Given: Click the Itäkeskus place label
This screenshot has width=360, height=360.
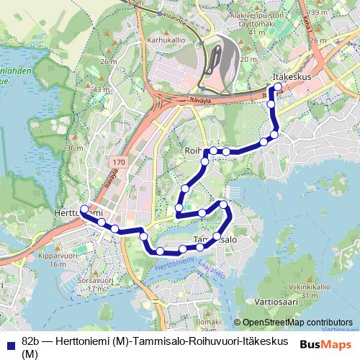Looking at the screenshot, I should tap(291, 76).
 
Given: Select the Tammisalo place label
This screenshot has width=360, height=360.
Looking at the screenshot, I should tap(216, 238).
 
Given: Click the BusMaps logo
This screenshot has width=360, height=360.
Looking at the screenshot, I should tap(326, 344).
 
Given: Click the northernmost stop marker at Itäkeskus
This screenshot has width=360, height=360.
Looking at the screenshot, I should tap(278, 87).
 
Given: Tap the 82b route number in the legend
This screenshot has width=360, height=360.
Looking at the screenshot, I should tap(32, 341).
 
